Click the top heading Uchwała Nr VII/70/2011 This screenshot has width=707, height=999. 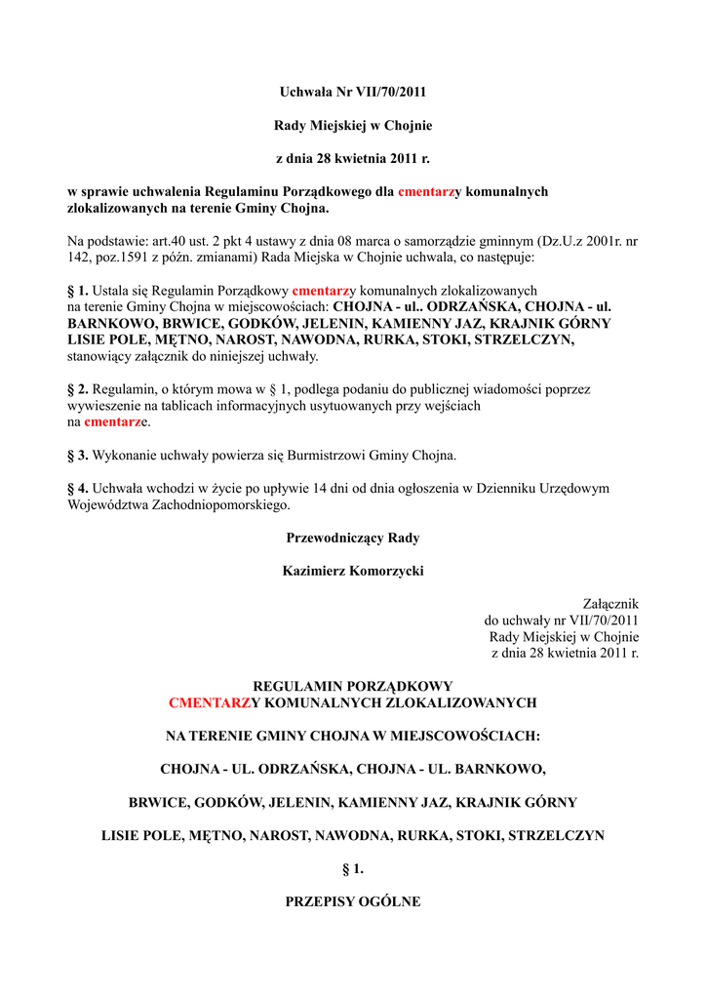point(353,93)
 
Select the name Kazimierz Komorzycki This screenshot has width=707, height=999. point(353,571)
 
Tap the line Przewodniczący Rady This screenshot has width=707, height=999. point(353,538)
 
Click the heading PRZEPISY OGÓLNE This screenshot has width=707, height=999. point(353,902)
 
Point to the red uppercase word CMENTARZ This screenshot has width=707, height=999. point(209,702)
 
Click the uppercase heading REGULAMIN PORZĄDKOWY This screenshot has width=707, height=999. point(353,687)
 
